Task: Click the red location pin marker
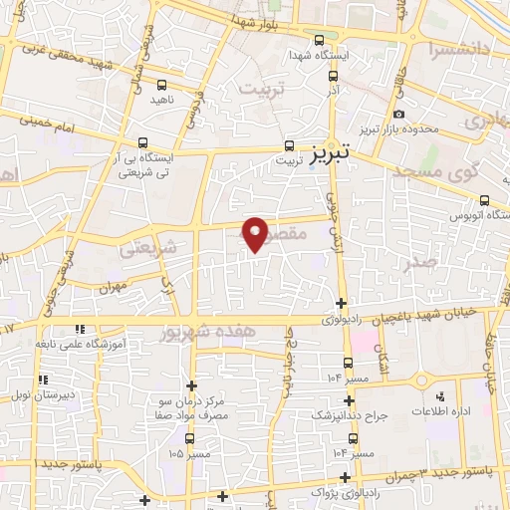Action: pyautogui.click(x=256, y=234)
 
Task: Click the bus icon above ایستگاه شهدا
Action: pyautogui.click(x=318, y=41)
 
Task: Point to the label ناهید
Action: pyautogui.click(x=163, y=101)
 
